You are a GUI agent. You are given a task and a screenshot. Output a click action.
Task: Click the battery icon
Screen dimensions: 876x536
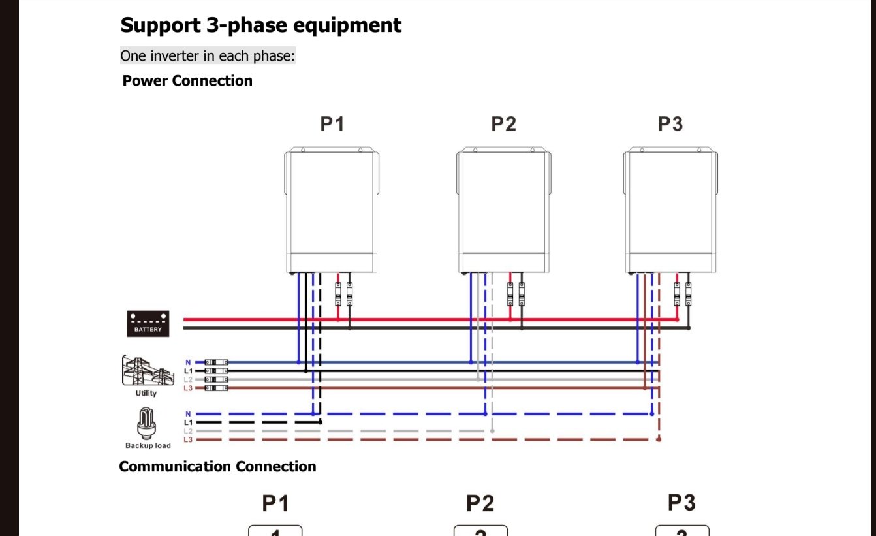coord(148,324)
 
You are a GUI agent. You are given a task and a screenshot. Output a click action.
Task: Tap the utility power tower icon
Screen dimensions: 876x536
coord(148,371)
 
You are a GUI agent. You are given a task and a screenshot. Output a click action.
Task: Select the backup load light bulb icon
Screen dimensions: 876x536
coord(147,423)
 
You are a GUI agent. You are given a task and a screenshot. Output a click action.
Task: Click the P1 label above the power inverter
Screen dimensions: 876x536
coord(332,124)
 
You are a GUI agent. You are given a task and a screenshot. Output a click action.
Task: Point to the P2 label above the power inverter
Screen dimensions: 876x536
coord(504,124)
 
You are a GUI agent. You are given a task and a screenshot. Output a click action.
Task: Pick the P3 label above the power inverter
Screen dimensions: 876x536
coord(670,124)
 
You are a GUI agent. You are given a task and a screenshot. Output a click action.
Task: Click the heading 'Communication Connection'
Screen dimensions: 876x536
coord(217,466)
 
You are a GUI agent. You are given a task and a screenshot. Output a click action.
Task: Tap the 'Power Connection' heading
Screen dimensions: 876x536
coord(187,80)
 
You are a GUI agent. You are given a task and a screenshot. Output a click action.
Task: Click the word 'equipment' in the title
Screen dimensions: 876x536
coord(347,26)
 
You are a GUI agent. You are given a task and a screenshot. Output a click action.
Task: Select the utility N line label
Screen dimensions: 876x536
coord(188,362)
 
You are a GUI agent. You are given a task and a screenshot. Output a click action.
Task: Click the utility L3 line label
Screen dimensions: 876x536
coord(188,388)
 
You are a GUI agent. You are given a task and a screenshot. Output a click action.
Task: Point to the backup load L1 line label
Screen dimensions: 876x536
coord(188,422)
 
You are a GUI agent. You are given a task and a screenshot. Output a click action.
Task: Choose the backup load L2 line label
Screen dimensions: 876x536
coord(188,431)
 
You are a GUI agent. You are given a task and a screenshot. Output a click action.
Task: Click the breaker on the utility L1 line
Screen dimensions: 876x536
coord(216,371)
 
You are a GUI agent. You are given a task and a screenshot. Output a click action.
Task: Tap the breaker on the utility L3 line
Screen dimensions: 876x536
coord(216,388)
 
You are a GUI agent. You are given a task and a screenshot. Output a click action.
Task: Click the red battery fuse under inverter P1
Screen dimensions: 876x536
coord(338,294)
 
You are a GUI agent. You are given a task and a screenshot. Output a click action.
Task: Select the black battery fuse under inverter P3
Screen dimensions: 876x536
coord(689,294)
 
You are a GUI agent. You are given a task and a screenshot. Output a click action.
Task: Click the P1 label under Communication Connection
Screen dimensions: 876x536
coord(275,503)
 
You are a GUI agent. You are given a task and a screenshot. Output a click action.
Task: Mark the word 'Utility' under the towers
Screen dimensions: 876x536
coord(146,393)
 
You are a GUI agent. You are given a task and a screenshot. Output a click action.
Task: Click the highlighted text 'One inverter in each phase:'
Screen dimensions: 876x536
coord(208,56)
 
